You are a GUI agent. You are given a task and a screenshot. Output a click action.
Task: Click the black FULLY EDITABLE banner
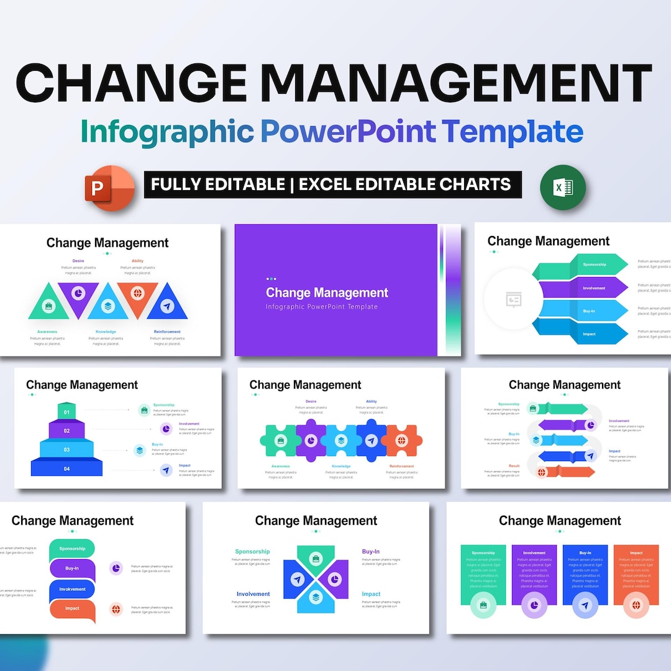332,185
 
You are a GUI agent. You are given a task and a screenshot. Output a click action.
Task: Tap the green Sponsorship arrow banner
587,265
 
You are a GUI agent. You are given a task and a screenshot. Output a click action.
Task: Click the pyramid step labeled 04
66,468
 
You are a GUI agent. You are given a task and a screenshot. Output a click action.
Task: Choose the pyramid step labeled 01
66,411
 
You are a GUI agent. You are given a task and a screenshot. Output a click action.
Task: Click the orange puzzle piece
401,440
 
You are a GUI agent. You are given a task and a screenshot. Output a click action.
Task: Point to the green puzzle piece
280,440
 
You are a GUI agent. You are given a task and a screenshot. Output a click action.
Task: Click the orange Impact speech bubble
73,609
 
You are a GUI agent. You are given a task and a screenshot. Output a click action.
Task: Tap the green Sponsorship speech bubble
73,549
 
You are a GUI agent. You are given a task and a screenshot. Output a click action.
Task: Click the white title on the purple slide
327,293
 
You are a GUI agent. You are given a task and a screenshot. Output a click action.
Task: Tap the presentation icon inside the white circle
514,300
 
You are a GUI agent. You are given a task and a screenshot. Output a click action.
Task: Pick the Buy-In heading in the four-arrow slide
371,552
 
